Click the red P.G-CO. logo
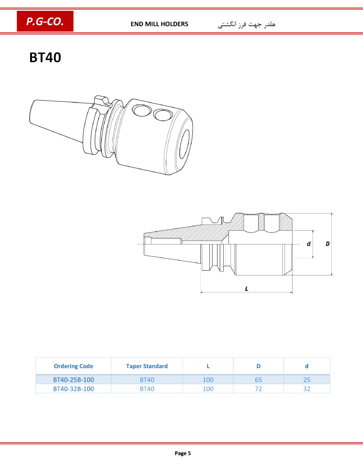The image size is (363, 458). (x=45, y=21)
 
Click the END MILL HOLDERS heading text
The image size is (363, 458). (x=159, y=24)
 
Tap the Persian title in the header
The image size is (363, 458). (x=246, y=24)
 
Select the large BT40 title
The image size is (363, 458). (x=45, y=57)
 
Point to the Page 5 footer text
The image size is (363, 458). (x=183, y=453)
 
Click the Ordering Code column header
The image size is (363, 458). (x=73, y=366)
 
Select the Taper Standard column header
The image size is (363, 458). (x=147, y=366)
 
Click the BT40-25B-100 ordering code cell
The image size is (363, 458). (x=73, y=380)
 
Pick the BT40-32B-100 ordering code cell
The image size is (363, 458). (x=73, y=389)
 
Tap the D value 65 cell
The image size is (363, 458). (x=258, y=380)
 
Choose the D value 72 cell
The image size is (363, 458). (x=258, y=389)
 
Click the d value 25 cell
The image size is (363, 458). (x=307, y=380)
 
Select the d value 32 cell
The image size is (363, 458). (x=307, y=389)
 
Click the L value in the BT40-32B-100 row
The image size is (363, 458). (x=208, y=389)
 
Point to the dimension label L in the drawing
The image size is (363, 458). (x=246, y=289)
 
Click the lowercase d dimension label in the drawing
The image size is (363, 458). (x=309, y=244)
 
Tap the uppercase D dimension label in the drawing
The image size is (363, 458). (x=328, y=244)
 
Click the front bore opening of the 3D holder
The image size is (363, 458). (x=184, y=144)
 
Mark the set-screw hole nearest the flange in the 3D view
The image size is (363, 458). (x=142, y=110)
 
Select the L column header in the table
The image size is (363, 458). (x=208, y=366)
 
